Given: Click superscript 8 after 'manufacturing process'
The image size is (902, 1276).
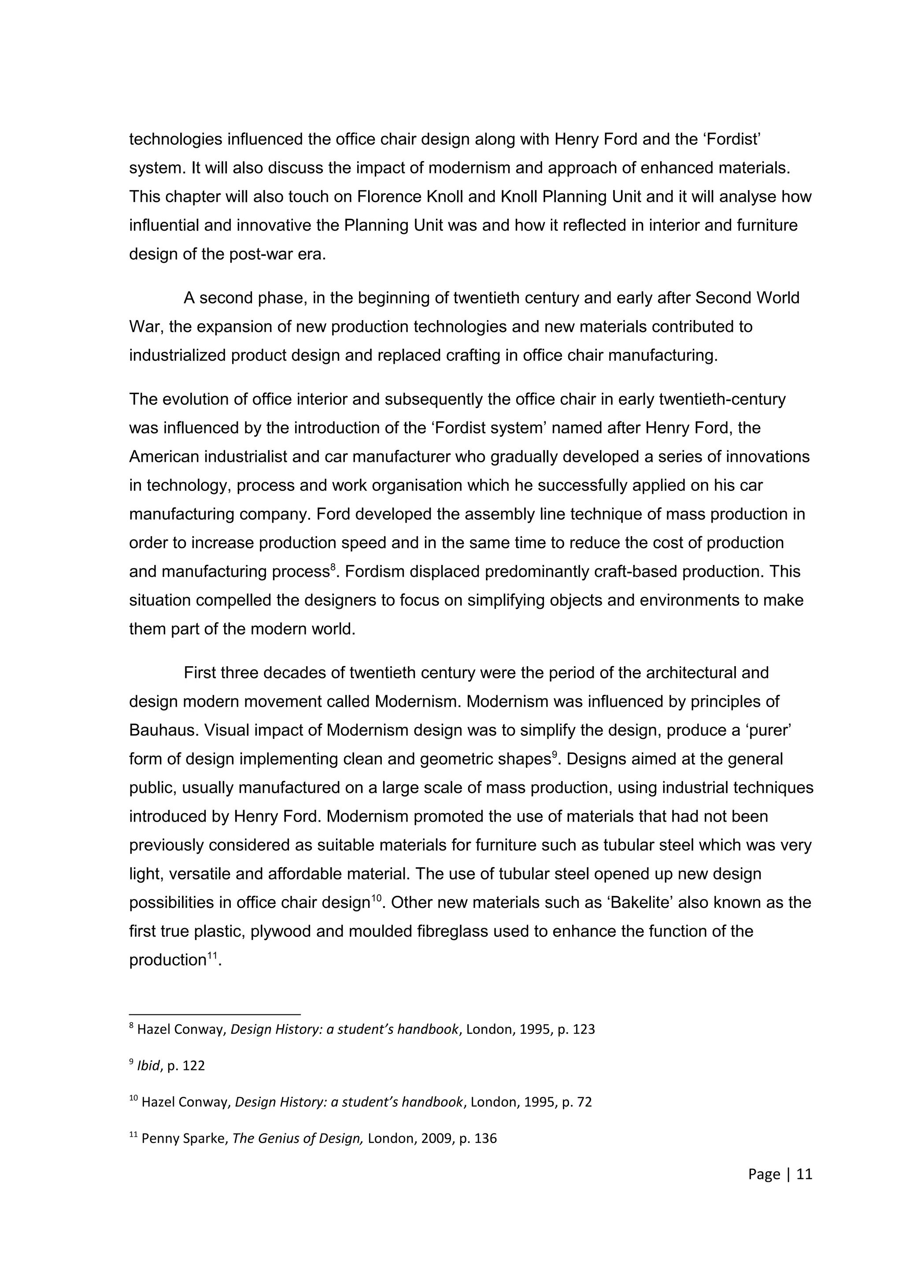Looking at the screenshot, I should pos(333,567).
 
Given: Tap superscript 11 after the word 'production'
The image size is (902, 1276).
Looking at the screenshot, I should pos(212,955).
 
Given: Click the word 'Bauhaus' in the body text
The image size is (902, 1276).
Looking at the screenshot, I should pos(162,730).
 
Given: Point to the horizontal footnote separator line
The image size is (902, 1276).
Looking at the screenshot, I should pos(214,1013).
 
